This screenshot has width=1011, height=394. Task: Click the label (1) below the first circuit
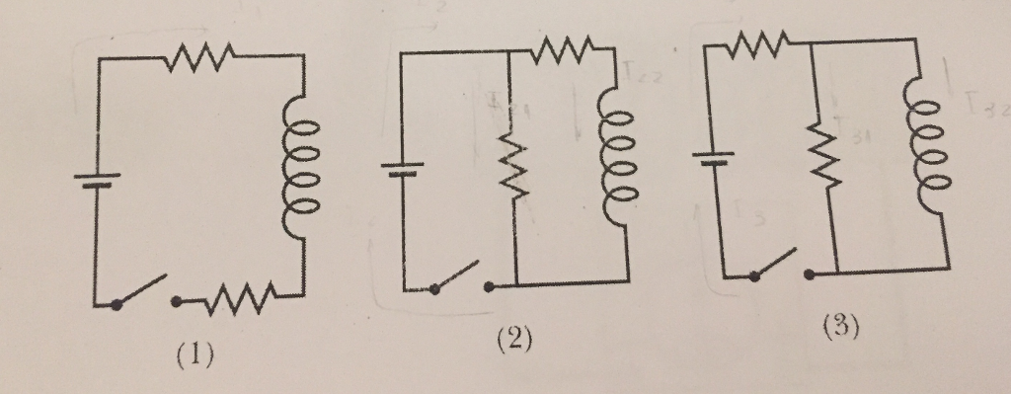click(194, 354)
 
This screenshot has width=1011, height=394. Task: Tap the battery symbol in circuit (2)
click(403, 168)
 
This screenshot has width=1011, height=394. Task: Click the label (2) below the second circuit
click(513, 341)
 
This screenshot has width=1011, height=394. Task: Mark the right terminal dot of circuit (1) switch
click(176, 298)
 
